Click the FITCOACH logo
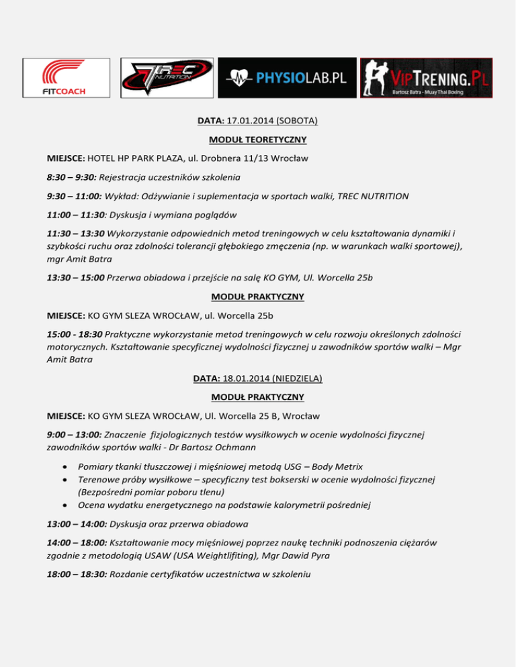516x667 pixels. tap(64, 78)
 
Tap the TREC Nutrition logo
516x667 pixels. tap(167, 78)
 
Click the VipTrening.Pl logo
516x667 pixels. tap(426, 78)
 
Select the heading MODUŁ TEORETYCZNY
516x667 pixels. tap(258, 140)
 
